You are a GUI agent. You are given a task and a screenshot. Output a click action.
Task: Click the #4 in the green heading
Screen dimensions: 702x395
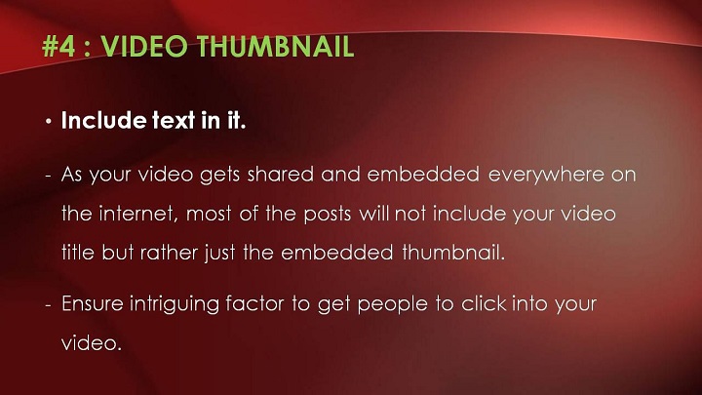(58, 46)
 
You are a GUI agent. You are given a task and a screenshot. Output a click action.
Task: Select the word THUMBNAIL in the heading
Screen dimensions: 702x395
(275, 46)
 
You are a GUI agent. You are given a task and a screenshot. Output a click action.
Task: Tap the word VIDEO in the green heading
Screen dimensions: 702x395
(143, 46)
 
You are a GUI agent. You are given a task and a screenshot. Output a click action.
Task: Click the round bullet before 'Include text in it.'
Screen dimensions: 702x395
(49, 121)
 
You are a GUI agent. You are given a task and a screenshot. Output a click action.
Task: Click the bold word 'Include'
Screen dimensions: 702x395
(103, 120)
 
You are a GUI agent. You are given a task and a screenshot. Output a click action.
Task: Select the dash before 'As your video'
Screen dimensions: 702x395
(49, 176)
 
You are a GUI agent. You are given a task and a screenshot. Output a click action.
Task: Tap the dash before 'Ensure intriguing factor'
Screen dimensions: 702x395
(49, 305)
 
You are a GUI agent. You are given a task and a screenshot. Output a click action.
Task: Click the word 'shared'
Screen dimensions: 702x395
(280, 174)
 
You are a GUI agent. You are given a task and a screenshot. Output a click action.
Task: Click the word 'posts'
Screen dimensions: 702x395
(327, 214)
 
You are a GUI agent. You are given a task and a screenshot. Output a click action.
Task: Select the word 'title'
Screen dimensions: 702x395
(77, 253)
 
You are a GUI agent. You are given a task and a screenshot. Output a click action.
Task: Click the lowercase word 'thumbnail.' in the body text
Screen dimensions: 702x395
(453, 253)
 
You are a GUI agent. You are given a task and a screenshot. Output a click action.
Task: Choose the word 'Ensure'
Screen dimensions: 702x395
(93, 303)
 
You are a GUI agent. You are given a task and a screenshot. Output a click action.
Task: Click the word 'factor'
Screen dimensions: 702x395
(254, 303)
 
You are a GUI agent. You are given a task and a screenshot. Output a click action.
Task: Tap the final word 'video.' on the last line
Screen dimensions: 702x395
(92, 343)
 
